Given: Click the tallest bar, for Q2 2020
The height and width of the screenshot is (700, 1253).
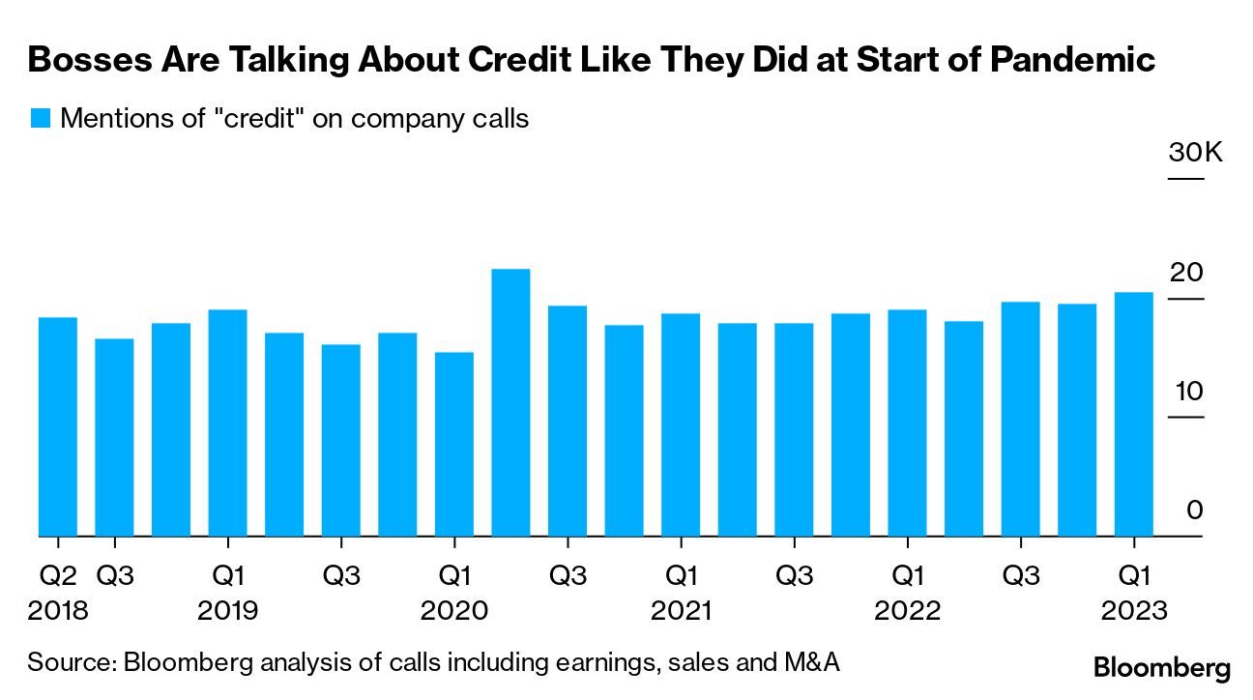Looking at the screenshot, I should (510, 402).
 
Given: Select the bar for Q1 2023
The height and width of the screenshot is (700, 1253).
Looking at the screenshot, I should (1133, 414).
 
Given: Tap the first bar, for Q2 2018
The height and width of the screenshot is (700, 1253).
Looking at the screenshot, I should (57, 426).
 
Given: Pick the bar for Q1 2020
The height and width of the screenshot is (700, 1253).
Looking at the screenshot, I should (454, 444).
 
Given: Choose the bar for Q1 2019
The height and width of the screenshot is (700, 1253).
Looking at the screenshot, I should (227, 423).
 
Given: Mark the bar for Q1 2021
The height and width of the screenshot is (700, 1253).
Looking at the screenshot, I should (681, 424).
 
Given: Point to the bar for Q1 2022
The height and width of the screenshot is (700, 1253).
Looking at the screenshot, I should (907, 423).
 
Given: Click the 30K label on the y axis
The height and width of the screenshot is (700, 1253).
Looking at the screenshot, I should (1195, 154).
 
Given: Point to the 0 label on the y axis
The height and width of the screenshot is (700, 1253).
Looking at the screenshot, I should (1194, 510).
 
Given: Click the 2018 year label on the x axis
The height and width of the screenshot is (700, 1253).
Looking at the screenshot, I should (58, 612).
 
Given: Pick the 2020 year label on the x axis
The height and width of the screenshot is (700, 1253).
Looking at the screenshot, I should (454, 612).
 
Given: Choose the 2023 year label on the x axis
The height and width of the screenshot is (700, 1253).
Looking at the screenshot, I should (1133, 612).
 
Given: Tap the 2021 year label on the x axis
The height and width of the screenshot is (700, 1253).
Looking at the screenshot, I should (681, 612).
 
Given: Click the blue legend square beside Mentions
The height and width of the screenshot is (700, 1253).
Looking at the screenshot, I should (40, 119).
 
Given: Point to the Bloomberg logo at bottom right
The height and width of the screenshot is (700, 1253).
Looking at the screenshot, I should (1162, 667).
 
